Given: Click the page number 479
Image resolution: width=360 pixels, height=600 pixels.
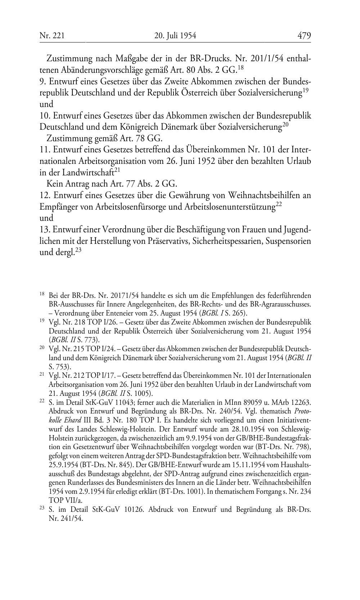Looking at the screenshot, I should tap(304, 35).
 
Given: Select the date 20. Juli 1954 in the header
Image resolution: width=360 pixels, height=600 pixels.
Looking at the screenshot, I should tap(175, 36).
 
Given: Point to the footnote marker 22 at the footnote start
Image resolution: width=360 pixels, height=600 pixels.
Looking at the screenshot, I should tap(42, 401).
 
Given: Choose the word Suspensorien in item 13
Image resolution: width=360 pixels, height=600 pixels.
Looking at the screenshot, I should tap(288, 241).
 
